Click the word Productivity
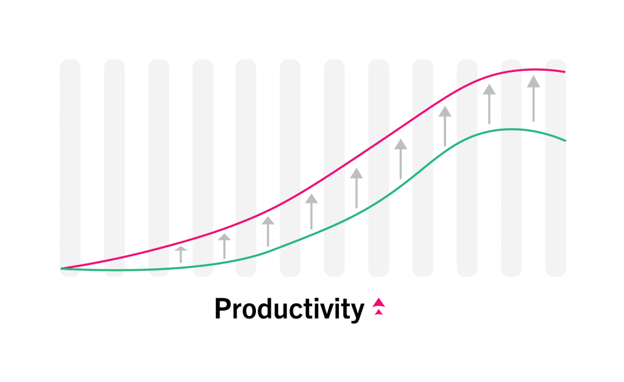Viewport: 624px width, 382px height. (289, 309)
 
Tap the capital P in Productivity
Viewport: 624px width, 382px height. (223, 309)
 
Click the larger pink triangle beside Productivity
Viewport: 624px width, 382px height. (379, 302)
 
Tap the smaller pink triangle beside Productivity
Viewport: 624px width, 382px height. (379, 312)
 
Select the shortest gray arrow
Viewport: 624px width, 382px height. (181, 254)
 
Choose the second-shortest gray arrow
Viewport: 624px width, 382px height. (224, 246)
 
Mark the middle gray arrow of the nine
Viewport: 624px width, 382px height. (356, 188)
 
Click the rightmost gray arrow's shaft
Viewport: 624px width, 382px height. (534, 104)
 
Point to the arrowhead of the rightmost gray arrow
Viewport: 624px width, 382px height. (534, 82)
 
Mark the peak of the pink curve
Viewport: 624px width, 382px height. (534, 70)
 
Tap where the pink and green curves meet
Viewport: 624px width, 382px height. (61, 268)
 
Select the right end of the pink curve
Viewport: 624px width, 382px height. (565, 72)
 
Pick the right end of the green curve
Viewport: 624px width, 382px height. (565, 140)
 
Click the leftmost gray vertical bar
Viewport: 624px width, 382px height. (70, 168)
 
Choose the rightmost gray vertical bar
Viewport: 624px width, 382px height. (556, 168)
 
